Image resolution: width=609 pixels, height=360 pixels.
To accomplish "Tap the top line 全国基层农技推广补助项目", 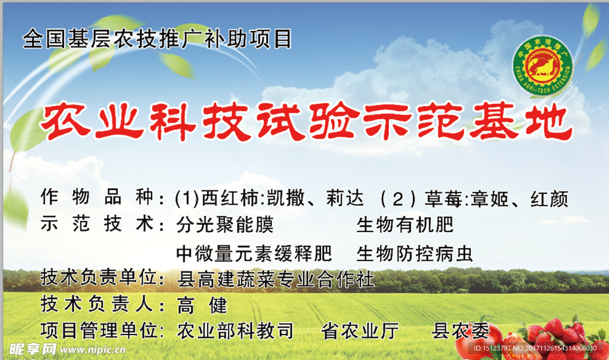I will (158, 39).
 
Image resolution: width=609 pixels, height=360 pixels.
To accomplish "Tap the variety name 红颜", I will (548, 198).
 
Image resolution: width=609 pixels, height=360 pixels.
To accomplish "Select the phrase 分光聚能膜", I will (225, 226).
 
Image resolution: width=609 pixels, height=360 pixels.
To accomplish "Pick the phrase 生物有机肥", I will (405, 226).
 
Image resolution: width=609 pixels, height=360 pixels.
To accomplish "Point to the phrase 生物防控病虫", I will (415, 254).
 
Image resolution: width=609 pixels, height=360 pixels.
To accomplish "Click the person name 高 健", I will (202, 306).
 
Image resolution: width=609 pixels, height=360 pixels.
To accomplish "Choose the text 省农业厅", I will (360, 331).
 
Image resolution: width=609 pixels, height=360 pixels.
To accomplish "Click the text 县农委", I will (460, 331).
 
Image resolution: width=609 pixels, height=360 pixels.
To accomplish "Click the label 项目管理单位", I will (101, 331).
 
